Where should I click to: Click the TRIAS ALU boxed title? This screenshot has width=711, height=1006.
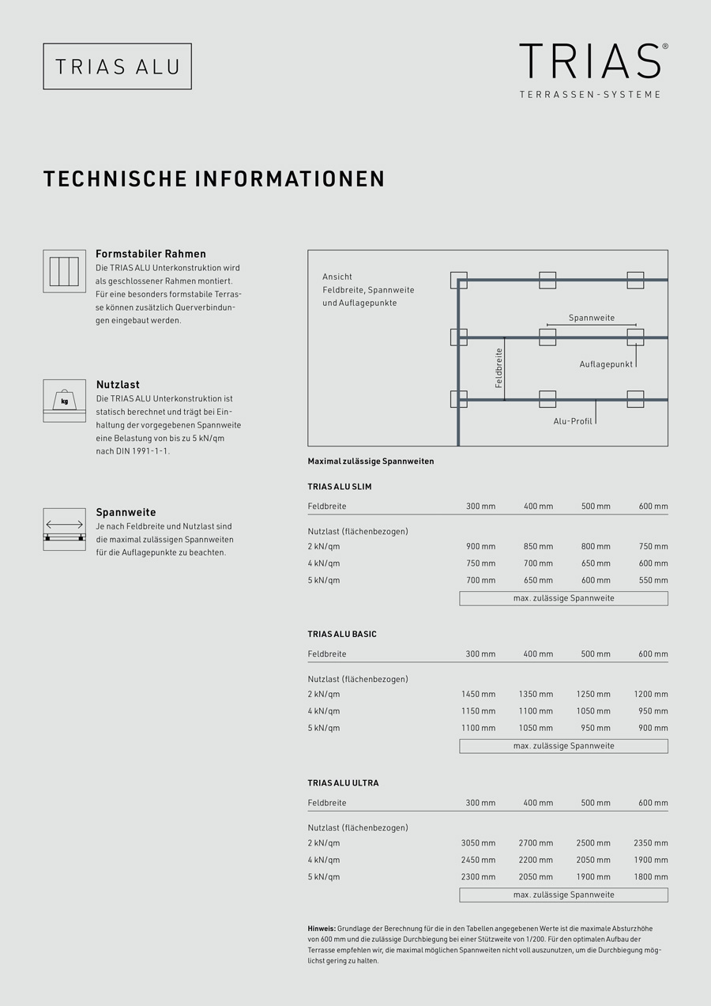tap(117, 66)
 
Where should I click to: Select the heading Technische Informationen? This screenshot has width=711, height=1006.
tap(214, 179)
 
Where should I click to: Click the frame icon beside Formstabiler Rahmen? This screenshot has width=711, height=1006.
tap(64, 271)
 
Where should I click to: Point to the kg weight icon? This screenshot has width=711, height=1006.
tap(64, 401)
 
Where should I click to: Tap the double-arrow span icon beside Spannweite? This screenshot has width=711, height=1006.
tap(64, 529)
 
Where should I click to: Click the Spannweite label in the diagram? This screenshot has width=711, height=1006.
tap(592, 318)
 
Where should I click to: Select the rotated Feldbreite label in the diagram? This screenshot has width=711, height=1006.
tap(499, 368)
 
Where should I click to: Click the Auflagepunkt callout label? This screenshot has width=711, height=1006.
tap(605, 364)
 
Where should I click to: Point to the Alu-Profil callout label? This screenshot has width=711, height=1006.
tap(573, 421)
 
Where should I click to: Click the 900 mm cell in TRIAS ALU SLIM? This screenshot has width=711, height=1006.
tap(480, 547)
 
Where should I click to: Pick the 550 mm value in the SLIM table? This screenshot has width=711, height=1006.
tap(653, 580)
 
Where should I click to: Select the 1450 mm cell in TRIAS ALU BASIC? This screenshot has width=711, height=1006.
tap(478, 695)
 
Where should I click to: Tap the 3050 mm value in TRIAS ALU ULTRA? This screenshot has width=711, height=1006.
tap(478, 843)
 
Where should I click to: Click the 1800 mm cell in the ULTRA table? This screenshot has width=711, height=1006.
tap(650, 876)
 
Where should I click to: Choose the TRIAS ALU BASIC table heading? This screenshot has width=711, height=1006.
tap(342, 635)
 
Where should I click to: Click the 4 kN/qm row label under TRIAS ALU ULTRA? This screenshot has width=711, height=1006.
tap(324, 860)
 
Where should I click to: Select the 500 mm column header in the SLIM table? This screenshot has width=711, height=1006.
tap(596, 507)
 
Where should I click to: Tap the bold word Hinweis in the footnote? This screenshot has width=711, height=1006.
tap(322, 928)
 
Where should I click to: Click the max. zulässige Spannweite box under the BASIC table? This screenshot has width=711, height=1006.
tap(563, 746)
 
